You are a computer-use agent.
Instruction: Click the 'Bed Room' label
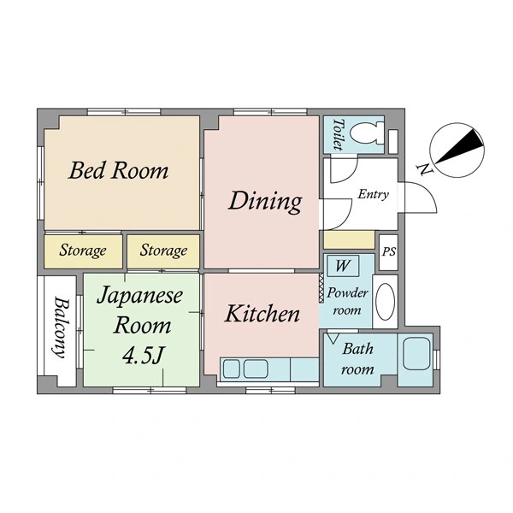point(119,170)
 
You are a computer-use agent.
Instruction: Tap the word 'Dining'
point(265,202)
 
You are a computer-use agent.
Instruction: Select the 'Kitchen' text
point(262,314)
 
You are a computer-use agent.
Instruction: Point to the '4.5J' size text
point(143,356)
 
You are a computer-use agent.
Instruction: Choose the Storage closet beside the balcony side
point(83,251)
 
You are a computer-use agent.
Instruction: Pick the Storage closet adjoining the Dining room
point(163,251)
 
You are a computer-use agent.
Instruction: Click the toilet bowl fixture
point(367,133)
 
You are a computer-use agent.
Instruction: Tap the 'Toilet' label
point(339,134)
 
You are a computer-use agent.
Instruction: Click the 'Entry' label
point(374,194)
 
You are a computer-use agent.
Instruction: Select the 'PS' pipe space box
point(389,252)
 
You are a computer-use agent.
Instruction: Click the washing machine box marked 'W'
point(343,266)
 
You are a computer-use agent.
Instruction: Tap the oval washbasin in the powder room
point(385,301)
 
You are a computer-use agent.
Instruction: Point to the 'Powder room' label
point(347,301)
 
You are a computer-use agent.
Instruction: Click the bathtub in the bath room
point(416,354)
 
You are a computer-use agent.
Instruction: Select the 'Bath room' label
point(357,359)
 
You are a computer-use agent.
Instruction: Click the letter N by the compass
point(424,169)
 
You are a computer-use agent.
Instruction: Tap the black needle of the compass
point(459,146)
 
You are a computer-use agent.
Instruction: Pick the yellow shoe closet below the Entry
point(349,239)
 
